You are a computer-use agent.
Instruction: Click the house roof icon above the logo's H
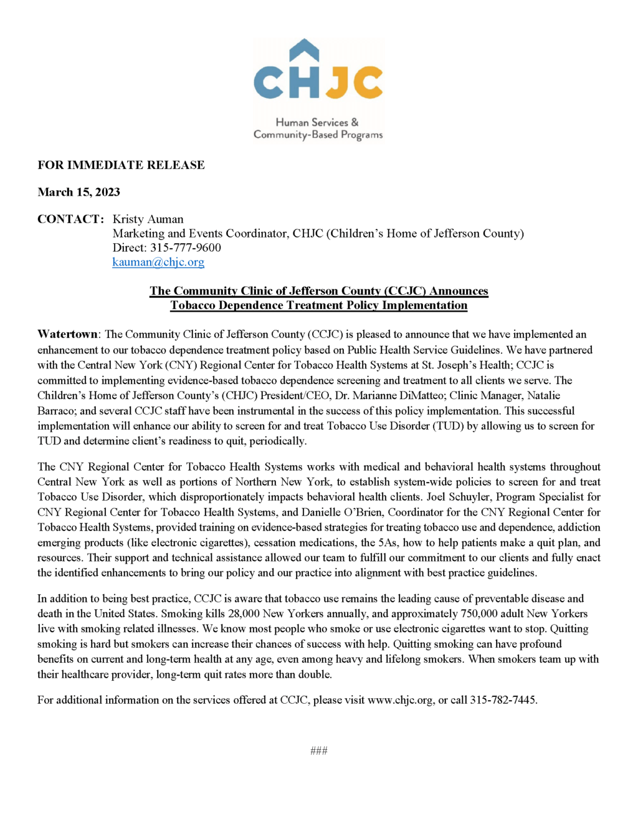coord(304,50)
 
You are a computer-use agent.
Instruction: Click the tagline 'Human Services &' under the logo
coord(317,122)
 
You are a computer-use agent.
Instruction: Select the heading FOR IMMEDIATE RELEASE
coord(121,165)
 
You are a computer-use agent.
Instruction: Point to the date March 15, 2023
coord(79,192)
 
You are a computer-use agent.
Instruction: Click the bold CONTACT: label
coord(70,219)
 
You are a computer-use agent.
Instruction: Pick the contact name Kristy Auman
coord(148,219)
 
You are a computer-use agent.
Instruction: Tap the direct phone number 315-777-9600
coord(186,247)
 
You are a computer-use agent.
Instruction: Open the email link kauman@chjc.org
coord(158,262)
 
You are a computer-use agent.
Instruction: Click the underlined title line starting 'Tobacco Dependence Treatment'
coord(318,305)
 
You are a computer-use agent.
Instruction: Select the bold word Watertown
coord(67,334)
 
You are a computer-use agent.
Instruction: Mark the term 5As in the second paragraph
coord(388,542)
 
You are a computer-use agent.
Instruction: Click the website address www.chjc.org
coord(400,700)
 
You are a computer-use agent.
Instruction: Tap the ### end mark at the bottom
coord(318,751)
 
